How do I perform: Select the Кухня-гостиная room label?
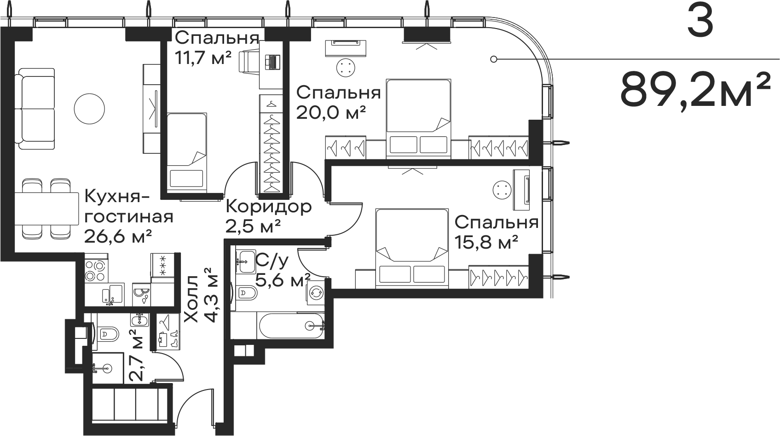(x=128, y=207)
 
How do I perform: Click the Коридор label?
(x=269, y=207)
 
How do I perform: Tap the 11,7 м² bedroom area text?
(x=203, y=58)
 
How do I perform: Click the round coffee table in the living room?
(x=90, y=108)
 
